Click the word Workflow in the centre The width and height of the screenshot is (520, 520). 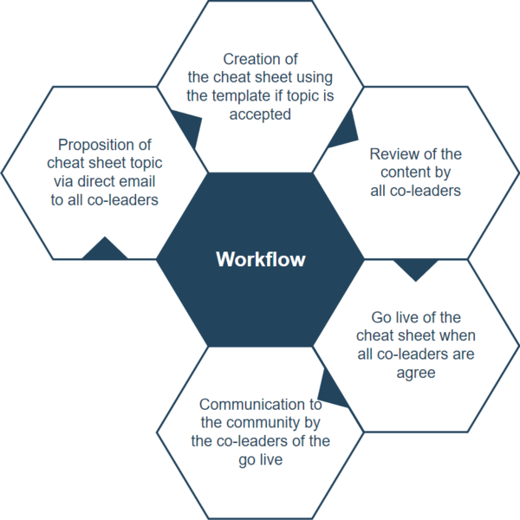260,259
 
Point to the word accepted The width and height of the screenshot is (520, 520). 260,114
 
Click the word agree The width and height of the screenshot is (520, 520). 415,372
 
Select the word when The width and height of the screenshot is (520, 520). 457,335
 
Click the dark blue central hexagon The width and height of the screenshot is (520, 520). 260,295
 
